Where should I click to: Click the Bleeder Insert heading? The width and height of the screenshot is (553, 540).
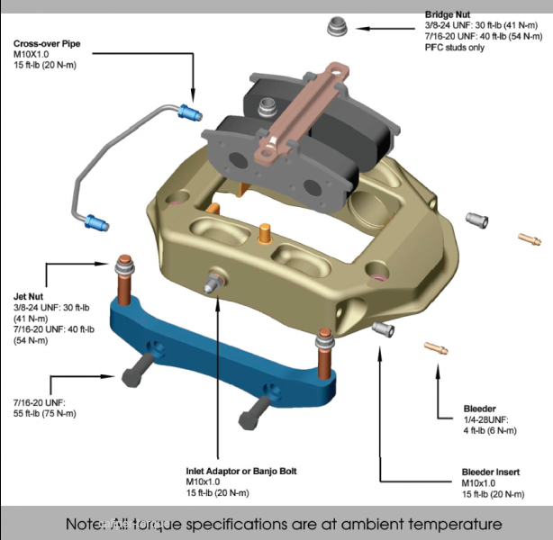492,471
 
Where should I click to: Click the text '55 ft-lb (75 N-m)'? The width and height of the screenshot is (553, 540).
44,413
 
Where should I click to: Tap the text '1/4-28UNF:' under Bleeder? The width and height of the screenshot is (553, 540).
485,419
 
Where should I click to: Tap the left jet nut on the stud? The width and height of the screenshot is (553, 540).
123,267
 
